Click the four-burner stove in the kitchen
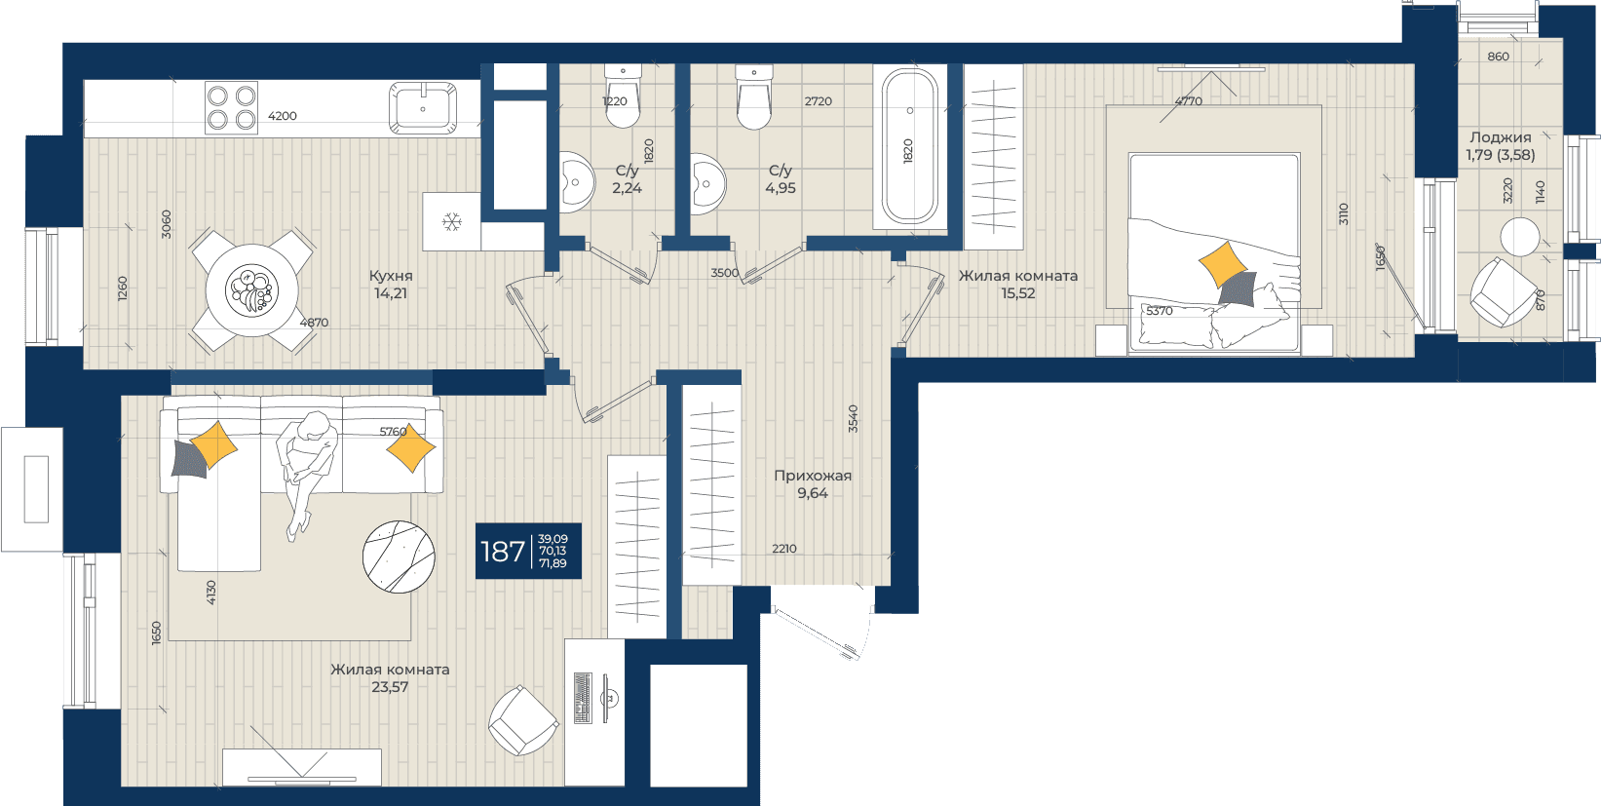tap(232, 108)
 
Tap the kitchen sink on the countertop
tap(423, 108)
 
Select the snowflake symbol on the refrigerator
tap(452, 221)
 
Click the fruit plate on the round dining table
tap(251, 290)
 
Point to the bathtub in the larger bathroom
tap(910, 146)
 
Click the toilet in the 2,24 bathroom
tap(624, 96)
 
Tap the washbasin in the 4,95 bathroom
tap(707, 184)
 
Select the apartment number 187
tap(503, 552)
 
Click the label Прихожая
tap(813, 476)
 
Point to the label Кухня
tap(391, 276)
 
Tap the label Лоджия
tap(1501, 137)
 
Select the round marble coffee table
tap(399, 557)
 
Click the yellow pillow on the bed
tap(1223, 264)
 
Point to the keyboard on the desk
tap(584, 697)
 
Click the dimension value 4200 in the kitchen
tap(283, 116)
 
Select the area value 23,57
tap(390, 687)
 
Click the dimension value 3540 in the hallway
tap(853, 419)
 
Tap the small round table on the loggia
tap(1519, 237)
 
